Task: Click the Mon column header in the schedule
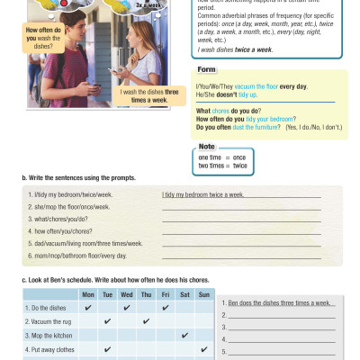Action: click(87, 294)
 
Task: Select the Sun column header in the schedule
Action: click(202, 294)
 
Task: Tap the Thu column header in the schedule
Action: click(145, 294)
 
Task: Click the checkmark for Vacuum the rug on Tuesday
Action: click(107, 320)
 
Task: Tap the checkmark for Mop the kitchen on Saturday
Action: click(184, 335)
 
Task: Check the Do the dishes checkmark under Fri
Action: click(165, 307)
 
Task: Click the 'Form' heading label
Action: click(206, 68)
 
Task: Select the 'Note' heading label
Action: click(206, 146)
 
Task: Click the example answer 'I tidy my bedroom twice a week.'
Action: click(203, 194)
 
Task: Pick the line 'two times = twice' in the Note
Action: click(222, 166)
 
